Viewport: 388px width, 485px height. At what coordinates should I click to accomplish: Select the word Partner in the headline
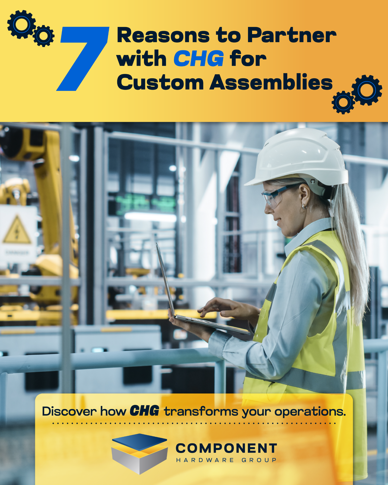point(292,35)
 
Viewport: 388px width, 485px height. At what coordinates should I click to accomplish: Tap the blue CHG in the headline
point(199,58)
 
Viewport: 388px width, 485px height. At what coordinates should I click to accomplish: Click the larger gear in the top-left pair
point(21,25)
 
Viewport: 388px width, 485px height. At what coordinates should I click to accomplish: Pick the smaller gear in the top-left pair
point(44,36)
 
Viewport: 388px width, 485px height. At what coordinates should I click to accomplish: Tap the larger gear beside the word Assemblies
point(367,90)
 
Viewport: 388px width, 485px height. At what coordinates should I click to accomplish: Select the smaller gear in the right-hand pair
point(343,102)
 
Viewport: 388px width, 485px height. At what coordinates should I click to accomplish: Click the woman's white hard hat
point(298,158)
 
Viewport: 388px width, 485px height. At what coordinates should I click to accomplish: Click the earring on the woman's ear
point(304,207)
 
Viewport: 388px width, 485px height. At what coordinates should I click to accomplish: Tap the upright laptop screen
point(166,279)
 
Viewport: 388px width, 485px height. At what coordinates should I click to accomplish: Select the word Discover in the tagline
point(69,411)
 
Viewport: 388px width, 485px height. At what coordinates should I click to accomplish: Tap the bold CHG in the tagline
point(144,411)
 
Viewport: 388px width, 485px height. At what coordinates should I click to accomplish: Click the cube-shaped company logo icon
point(140,454)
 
